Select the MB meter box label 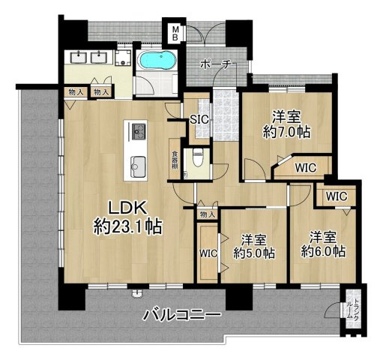(176, 34)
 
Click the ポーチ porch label (215, 64)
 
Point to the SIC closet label (199, 119)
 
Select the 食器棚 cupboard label (175, 160)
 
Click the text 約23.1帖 (127, 226)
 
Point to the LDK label (127, 208)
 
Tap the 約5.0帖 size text (254, 253)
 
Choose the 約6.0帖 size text (324, 251)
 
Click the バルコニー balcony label (182, 315)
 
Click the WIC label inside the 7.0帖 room (306, 168)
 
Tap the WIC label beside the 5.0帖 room (208, 253)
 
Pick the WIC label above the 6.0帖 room (337, 196)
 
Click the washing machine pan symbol (123, 58)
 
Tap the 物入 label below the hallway (208, 214)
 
